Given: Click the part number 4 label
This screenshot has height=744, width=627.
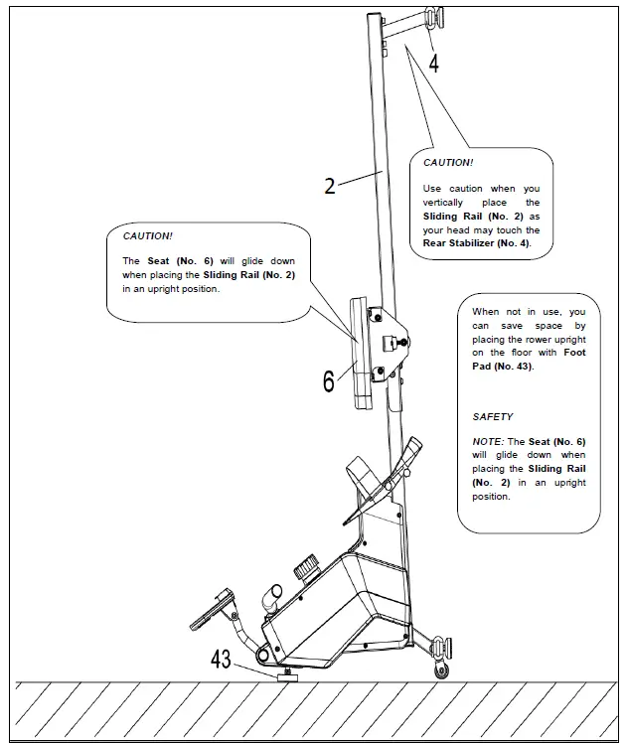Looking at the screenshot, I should (x=433, y=64).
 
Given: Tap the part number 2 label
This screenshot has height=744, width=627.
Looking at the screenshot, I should (x=331, y=185).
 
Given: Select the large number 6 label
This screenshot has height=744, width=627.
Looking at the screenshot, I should (x=329, y=380).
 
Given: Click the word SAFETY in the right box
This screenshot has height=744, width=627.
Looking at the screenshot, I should (x=493, y=417).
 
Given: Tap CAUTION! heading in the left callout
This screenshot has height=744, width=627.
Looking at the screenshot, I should (x=147, y=236).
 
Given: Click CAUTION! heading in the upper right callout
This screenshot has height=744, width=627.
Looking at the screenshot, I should (x=448, y=162).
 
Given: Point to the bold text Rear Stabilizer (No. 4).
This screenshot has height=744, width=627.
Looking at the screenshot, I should (x=476, y=243).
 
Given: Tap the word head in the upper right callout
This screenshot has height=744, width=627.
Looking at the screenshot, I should (x=470, y=229).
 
